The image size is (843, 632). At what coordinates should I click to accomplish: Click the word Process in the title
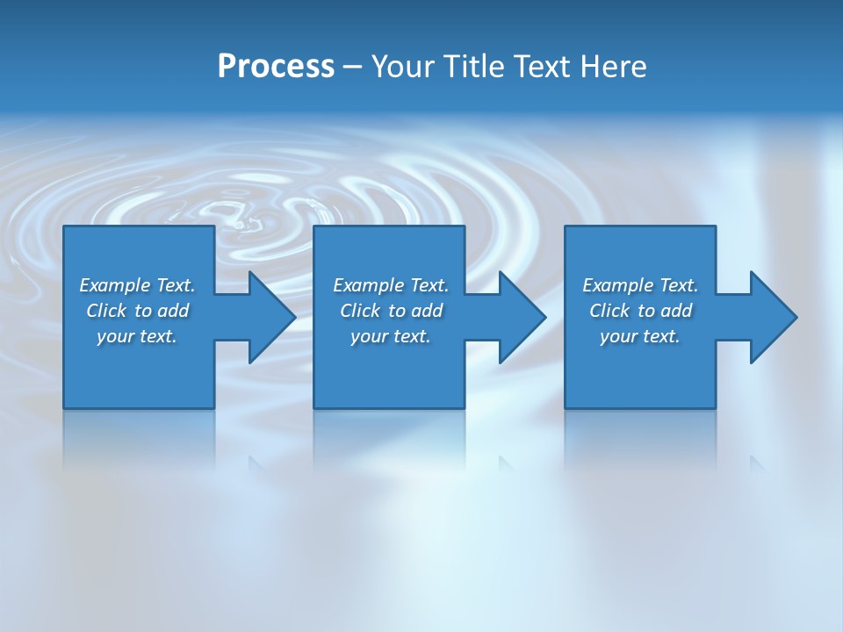[276, 67]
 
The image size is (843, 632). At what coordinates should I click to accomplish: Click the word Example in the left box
[115, 285]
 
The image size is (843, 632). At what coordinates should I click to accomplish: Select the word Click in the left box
[107, 311]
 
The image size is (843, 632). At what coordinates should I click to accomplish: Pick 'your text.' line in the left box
[137, 336]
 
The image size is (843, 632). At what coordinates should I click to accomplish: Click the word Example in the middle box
[369, 285]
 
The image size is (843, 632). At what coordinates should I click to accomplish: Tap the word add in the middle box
[427, 311]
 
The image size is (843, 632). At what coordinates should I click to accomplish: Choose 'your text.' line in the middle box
[390, 336]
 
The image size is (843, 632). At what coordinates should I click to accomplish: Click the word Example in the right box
[618, 285]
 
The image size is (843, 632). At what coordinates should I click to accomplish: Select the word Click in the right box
[610, 311]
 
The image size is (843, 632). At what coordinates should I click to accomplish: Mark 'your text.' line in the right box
[639, 336]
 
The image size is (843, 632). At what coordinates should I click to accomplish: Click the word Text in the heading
[539, 67]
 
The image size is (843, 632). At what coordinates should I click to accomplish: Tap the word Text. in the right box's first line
[679, 285]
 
